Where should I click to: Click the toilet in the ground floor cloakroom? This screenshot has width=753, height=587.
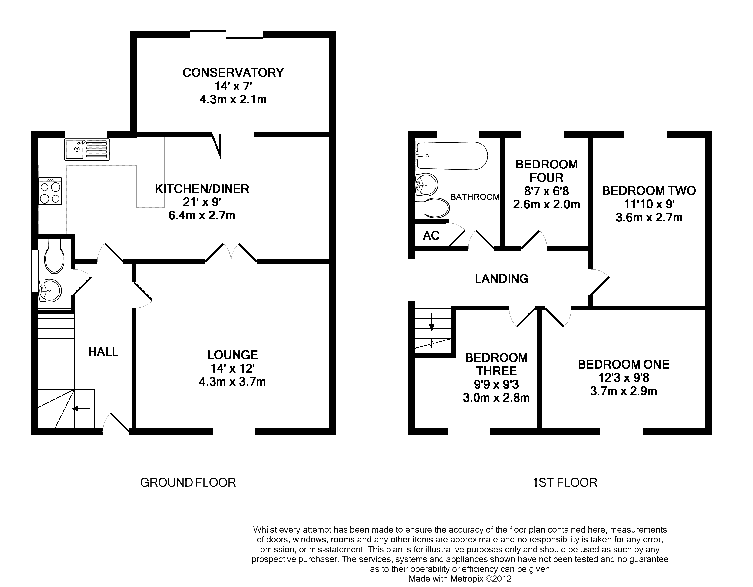tap(54, 257)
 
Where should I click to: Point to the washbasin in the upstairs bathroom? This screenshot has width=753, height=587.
tap(426, 185)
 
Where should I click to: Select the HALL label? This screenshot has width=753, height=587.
tap(103, 352)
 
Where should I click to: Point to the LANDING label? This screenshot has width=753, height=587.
tap(501, 278)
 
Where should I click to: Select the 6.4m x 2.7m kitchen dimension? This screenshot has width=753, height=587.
tap(202, 215)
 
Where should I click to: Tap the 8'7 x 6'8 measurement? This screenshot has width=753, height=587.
tap(546, 191)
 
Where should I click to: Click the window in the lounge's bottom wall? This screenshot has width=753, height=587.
tap(234, 431)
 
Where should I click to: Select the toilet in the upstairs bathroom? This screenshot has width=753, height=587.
tap(433, 208)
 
